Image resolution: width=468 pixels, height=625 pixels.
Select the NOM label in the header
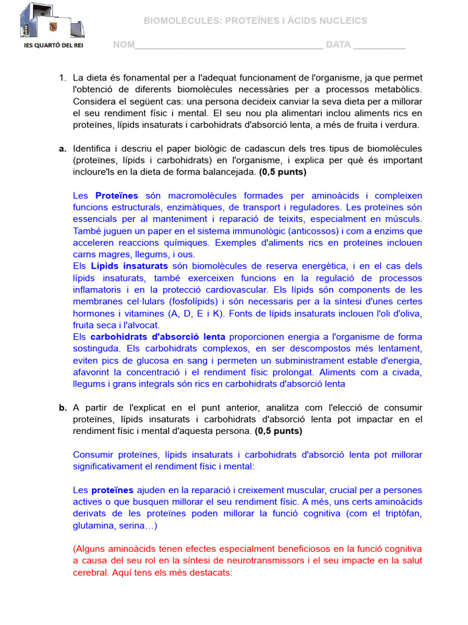(124, 45)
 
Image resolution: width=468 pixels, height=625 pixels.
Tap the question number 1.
(62, 78)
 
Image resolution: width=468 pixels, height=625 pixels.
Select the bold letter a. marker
(62, 149)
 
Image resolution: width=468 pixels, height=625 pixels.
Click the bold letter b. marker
(62, 408)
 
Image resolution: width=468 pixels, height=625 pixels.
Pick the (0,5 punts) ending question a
(283, 172)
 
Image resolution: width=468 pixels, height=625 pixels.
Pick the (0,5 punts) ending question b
(278, 431)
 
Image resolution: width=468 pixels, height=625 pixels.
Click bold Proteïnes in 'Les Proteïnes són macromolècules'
(117, 196)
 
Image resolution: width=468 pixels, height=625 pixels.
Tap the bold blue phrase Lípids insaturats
(129, 266)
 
